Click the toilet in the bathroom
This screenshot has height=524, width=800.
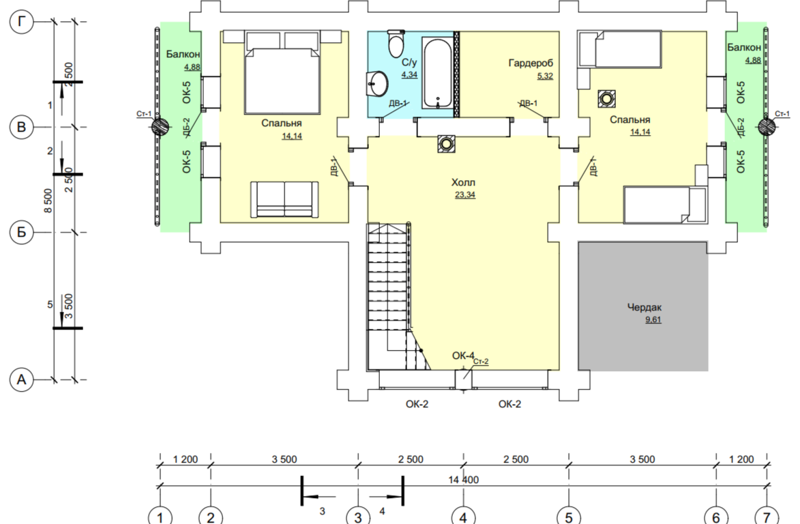(x=396, y=44)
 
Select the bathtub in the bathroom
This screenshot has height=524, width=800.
(x=437, y=72)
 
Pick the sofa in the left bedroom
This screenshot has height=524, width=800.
(x=284, y=199)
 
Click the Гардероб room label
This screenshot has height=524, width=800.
(x=531, y=63)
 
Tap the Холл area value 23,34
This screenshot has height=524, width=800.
(x=465, y=195)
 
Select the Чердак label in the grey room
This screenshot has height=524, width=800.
(x=645, y=307)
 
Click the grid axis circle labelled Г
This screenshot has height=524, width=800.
(x=21, y=21)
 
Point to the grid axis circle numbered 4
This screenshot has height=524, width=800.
(x=463, y=517)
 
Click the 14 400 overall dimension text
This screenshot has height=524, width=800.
(x=463, y=480)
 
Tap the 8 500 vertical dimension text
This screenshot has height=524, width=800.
(x=48, y=201)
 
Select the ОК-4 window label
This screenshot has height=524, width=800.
(x=463, y=355)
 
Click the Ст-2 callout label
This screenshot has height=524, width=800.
(x=481, y=361)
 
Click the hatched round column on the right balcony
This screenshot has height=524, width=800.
(x=766, y=126)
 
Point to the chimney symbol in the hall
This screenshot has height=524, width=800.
(x=447, y=145)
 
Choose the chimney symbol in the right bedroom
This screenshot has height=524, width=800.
(x=606, y=98)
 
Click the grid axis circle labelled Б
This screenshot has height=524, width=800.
(x=21, y=232)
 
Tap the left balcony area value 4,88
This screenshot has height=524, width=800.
(x=192, y=67)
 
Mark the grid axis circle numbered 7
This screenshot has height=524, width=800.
(x=767, y=517)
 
